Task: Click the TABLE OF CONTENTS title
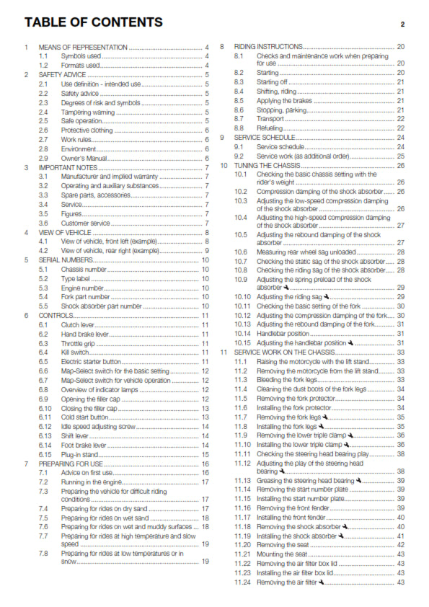94,22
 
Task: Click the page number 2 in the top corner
402,24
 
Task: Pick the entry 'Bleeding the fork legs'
290,380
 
